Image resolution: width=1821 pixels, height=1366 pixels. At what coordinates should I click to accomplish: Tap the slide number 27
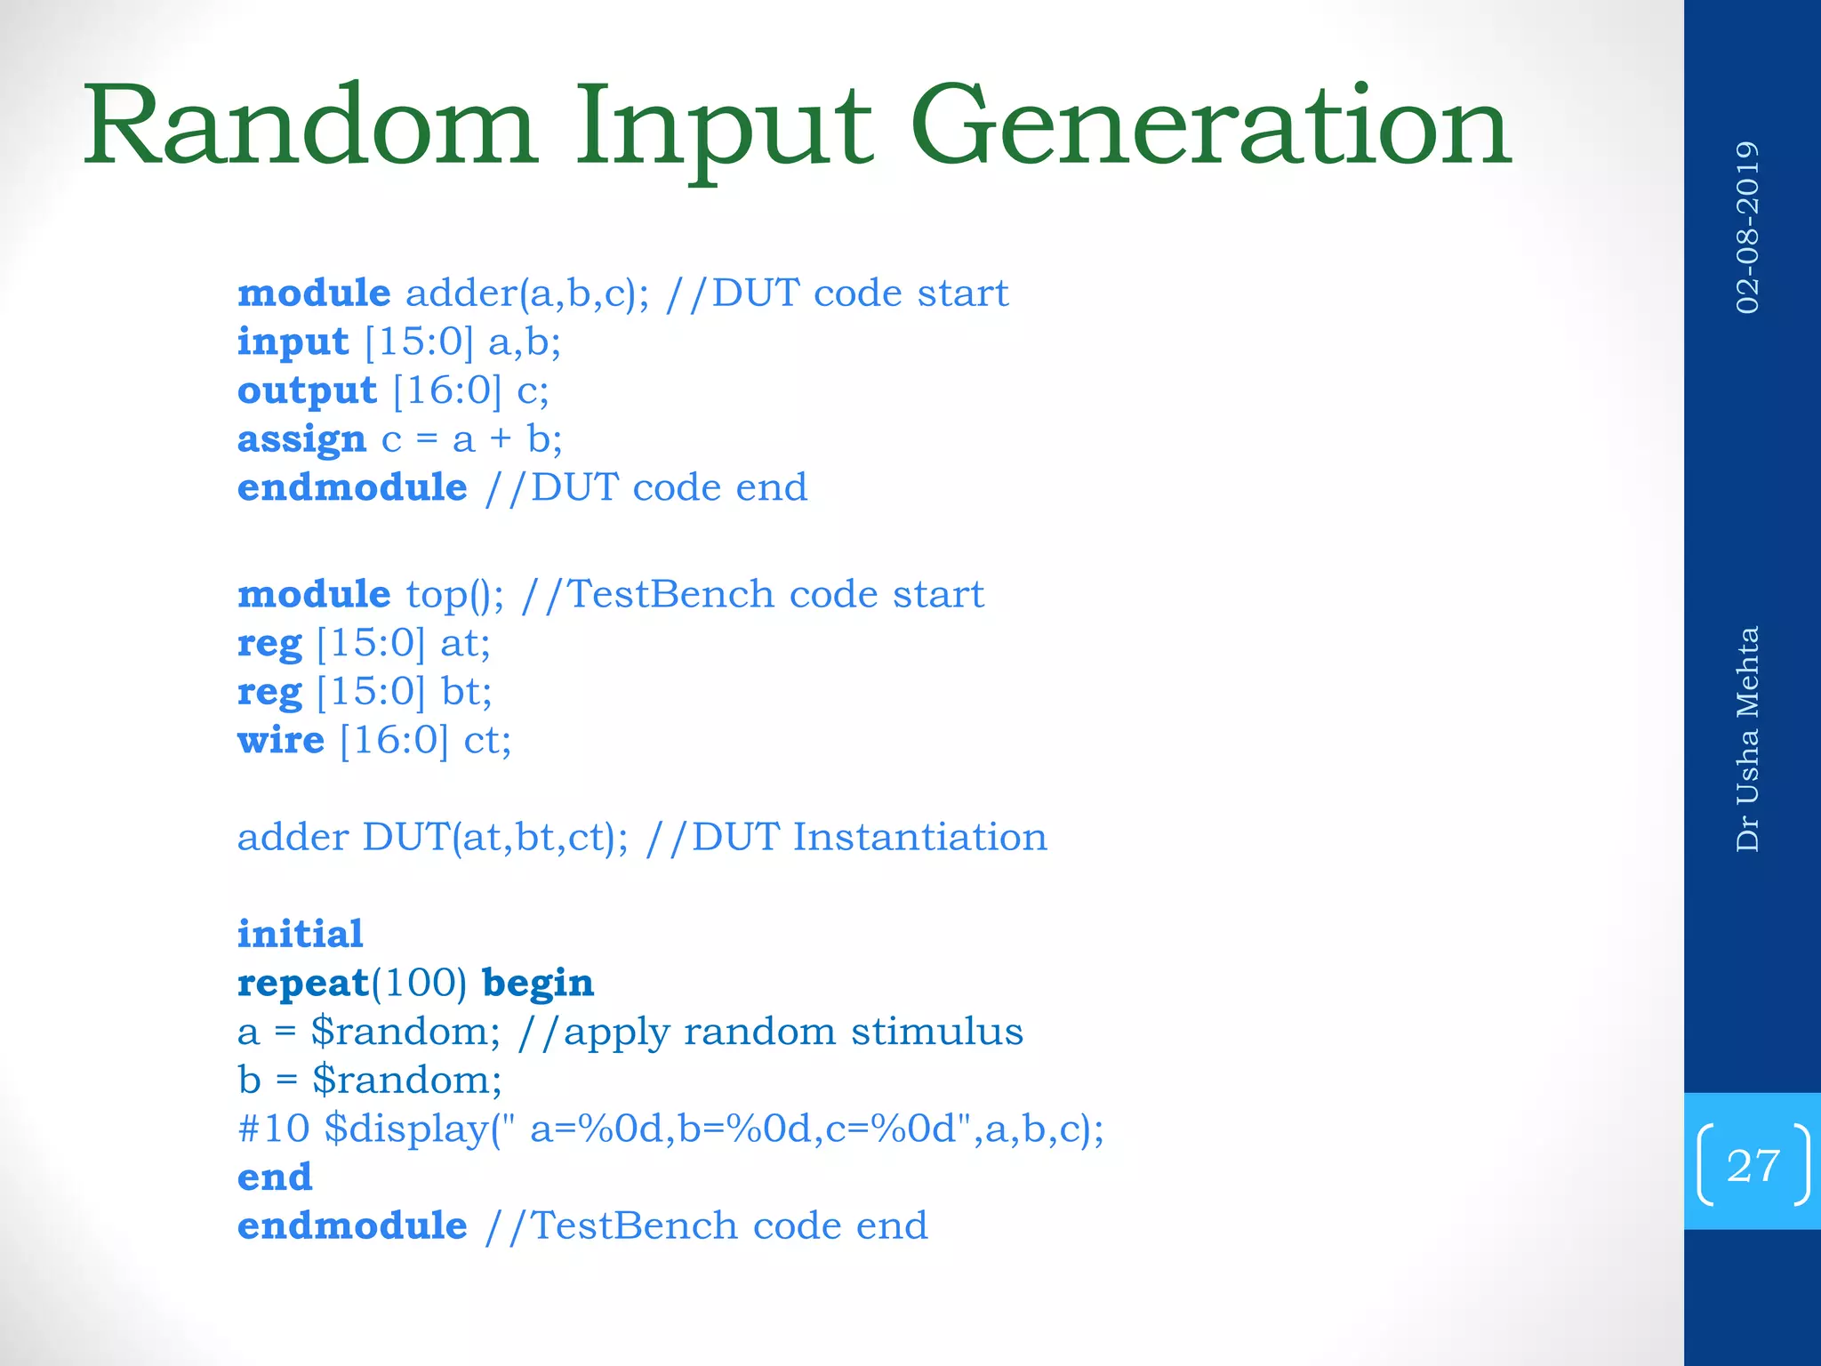pyautogui.click(x=1753, y=1165)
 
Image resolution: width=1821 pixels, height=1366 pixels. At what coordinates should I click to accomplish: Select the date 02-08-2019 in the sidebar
pyautogui.click(x=1747, y=228)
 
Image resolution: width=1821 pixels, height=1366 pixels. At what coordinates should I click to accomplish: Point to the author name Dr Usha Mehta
pyautogui.click(x=1747, y=739)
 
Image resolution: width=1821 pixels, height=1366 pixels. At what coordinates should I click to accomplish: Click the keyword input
pyautogui.click(x=293, y=342)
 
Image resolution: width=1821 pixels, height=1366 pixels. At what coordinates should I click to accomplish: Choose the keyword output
pyautogui.click(x=307, y=391)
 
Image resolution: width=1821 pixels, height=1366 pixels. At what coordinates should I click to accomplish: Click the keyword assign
pyautogui.click(x=301, y=439)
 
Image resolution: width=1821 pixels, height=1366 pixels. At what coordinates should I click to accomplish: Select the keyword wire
pyautogui.click(x=281, y=740)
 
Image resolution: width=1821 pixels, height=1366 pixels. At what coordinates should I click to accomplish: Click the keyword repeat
pyautogui.click(x=302, y=984)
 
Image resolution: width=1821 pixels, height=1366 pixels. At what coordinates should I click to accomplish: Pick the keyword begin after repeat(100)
pyautogui.click(x=538, y=984)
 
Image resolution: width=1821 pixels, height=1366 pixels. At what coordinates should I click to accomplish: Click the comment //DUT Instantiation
pyautogui.click(x=846, y=837)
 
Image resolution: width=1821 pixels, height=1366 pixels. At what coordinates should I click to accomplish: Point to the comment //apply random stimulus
pyautogui.click(x=770, y=1032)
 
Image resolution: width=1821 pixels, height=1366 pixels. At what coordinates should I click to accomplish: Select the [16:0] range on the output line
pyautogui.click(x=447, y=391)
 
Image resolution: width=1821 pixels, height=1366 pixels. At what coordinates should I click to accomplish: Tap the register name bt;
pyautogui.click(x=466, y=692)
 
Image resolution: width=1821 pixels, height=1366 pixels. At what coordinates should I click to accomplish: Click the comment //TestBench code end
pyautogui.click(x=706, y=1226)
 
